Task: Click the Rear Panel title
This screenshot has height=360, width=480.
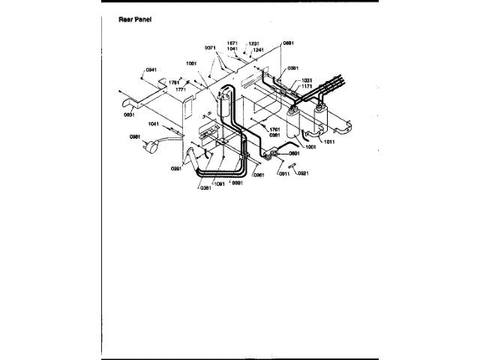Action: (x=136, y=19)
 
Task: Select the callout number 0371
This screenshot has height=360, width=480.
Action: (x=211, y=47)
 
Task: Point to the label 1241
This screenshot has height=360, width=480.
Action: (x=258, y=49)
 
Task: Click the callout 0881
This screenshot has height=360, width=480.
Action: (x=288, y=43)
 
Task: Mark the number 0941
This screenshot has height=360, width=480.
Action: (x=151, y=70)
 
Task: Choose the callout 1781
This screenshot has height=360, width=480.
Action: (x=174, y=82)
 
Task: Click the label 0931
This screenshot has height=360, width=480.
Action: (x=128, y=115)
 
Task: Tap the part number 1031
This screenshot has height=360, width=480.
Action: (x=307, y=80)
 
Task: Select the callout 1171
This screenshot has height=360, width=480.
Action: (x=307, y=86)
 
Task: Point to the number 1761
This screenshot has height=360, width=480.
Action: (x=275, y=129)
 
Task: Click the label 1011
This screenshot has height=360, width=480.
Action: (x=328, y=140)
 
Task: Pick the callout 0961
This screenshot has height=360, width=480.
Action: (x=259, y=175)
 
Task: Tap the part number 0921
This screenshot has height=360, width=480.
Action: (x=303, y=173)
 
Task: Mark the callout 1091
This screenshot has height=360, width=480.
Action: (x=220, y=183)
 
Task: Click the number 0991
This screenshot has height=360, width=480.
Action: (x=177, y=169)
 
